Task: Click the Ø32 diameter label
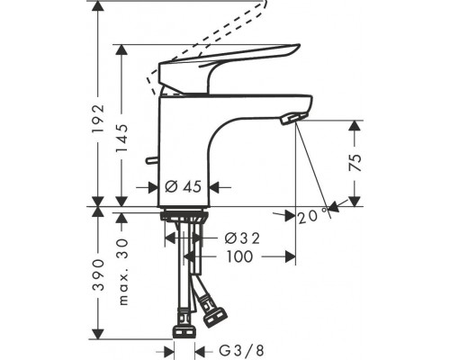coord(242,238)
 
